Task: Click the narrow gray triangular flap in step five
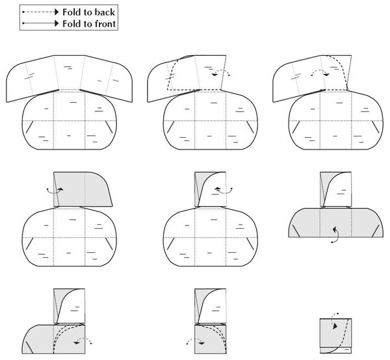click(199, 192)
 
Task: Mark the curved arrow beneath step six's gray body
click(334, 235)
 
